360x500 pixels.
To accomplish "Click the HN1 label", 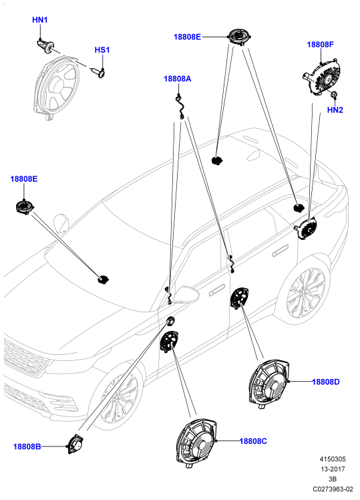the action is (x=40, y=20).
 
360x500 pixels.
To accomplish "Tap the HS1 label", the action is (x=102, y=50).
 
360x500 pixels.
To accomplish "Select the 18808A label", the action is (x=178, y=79).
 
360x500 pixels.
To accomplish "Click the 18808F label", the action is (x=320, y=44).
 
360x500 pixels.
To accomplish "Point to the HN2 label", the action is (x=335, y=110).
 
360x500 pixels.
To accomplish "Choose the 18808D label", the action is (x=326, y=382).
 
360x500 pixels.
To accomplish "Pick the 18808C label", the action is (x=253, y=441).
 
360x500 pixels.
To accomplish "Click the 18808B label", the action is (x=27, y=447).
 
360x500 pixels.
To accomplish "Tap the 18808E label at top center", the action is (x=187, y=37).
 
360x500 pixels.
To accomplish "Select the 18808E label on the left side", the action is (x=24, y=179).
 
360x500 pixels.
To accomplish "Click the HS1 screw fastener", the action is (x=99, y=73).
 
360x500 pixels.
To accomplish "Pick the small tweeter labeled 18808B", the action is (x=75, y=444).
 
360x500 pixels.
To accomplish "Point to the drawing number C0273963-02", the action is (x=333, y=489).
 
